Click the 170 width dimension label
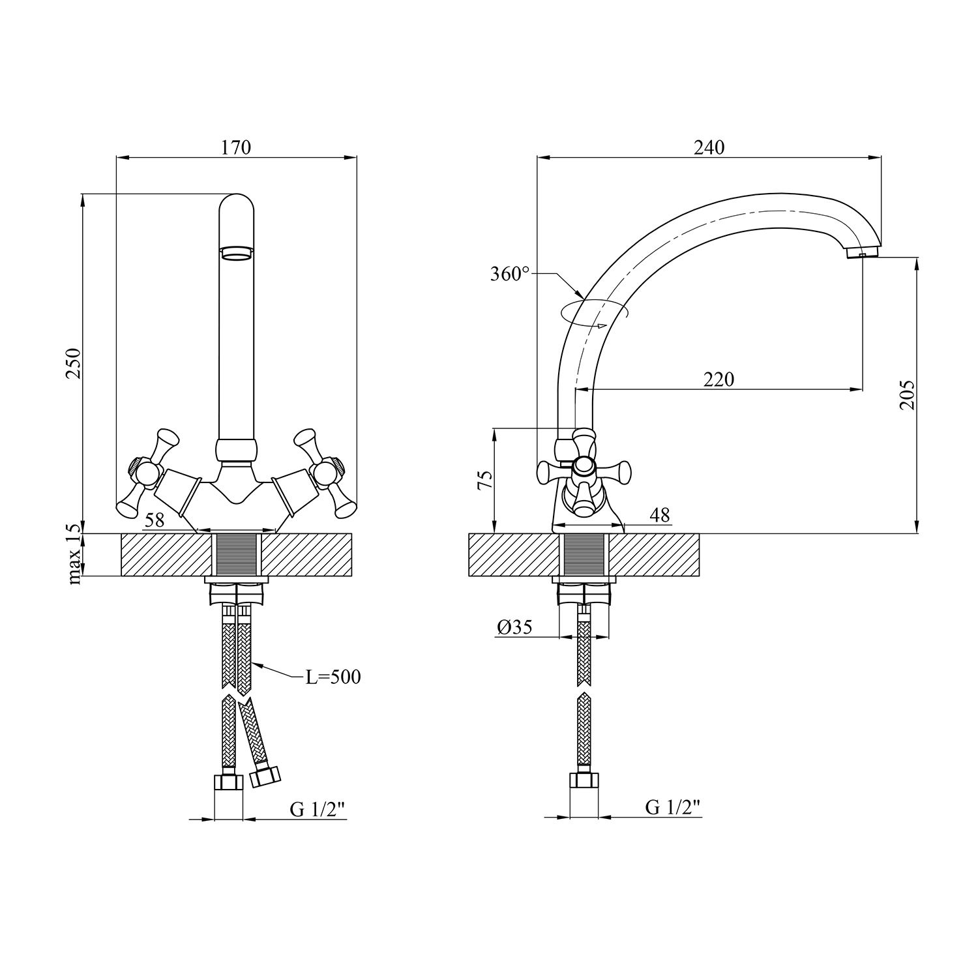click(x=236, y=148)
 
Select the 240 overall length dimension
click(x=709, y=148)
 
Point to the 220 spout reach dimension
click(x=719, y=379)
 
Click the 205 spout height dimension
click(x=907, y=394)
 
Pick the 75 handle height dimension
click(x=484, y=481)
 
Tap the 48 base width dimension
click(x=660, y=515)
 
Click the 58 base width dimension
click(x=155, y=520)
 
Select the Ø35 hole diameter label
click(x=514, y=627)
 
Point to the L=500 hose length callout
click(x=333, y=677)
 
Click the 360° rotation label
click(x=510, y=274)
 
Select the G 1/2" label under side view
click(x=673, y=807)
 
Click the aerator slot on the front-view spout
click(x=236, y=252)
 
